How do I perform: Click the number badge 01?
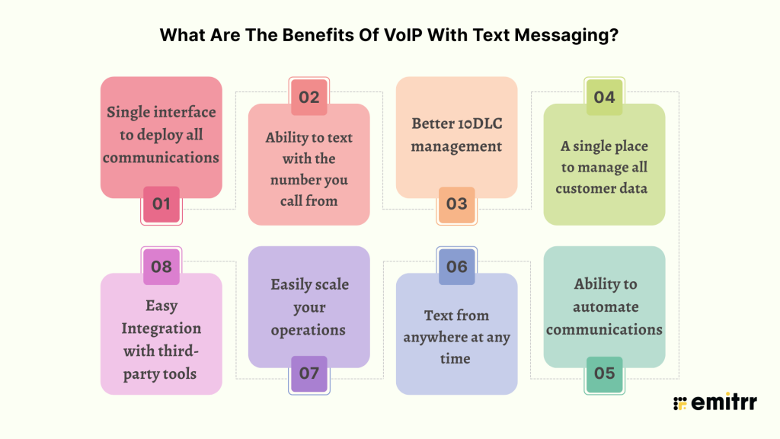(161, 204)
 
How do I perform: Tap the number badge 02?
(309, 97)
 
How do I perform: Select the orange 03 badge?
(457, 204)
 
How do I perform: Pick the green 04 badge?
(604, 97)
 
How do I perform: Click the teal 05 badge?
(604, 373)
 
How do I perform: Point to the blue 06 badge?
(457, 267)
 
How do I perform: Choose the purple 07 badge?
(309, 373)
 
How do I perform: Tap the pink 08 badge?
(161, 267)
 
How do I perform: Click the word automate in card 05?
(606, 306)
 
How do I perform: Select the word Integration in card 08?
(161, 328)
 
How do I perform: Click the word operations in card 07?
(308, 330)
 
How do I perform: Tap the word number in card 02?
(291, 180)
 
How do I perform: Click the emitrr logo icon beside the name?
(680, 403)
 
